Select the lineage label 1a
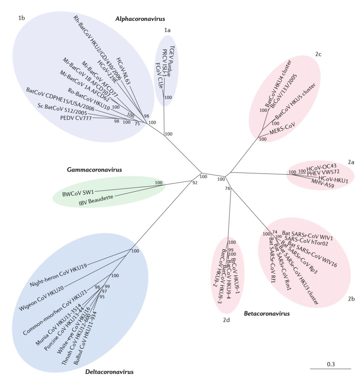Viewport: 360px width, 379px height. [x=167, y=30]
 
